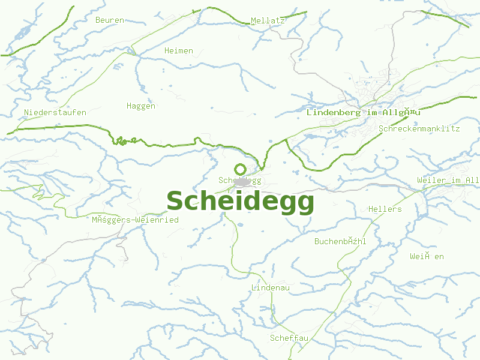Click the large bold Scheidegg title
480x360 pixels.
240,202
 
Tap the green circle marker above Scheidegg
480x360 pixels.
240,170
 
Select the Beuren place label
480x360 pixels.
110,20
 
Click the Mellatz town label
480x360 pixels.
268,20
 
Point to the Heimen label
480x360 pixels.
179,51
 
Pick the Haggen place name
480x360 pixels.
141,106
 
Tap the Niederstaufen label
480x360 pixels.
55,112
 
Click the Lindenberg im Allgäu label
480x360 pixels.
364,112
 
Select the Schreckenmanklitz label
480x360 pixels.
419,128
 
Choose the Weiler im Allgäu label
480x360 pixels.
448,181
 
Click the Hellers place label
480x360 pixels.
385,209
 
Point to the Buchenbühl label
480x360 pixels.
340,241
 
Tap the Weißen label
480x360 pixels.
427,256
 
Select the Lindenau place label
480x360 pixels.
271,288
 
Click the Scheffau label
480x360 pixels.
289,338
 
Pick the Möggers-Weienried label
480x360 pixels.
135,220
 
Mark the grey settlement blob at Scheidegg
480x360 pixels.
242,182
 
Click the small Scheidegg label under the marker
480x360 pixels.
240,180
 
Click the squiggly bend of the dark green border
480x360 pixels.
123,141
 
